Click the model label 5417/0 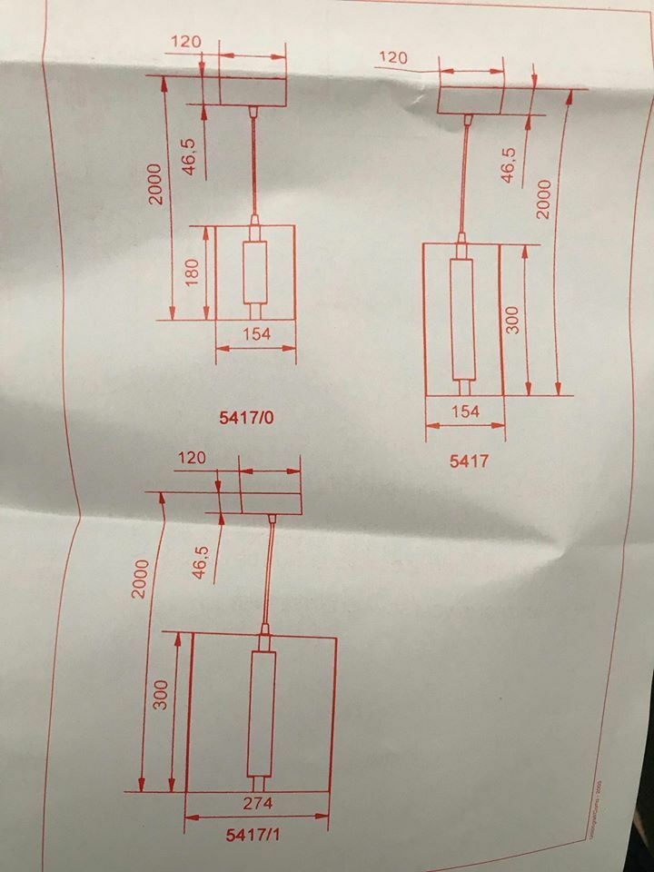pos(246,419)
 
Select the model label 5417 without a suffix pos(469,461)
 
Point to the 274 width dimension pos(257,804)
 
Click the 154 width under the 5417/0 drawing pos(257,333)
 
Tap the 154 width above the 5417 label pos(464,411)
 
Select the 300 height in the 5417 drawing pos(512,320)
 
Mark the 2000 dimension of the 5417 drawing pos(543,195)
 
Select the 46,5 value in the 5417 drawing pos(508,164)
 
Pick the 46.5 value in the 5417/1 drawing pos(201,560)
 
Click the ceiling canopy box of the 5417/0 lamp pos(253,91)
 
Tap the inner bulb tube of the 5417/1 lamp pos(260,713)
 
